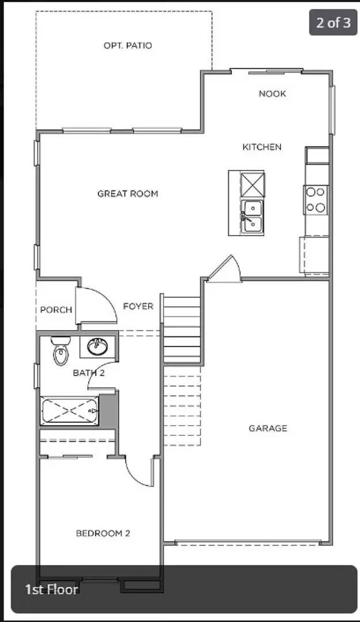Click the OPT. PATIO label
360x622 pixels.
click(128, 45)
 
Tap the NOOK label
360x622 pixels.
click(272, 94)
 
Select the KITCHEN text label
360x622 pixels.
click(262, 147)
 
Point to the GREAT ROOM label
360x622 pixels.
click(127, 194)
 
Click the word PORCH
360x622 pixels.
click(56, 310)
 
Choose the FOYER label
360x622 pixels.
click(138, 306)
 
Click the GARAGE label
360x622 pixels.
click(268, 428)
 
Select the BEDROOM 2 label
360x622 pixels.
click(103, 533)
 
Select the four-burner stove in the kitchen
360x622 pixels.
click(316, 200)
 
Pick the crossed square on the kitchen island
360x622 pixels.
click(252, 184)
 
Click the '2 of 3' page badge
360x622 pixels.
click(333, 23)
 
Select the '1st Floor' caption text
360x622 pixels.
click(52, 589)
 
